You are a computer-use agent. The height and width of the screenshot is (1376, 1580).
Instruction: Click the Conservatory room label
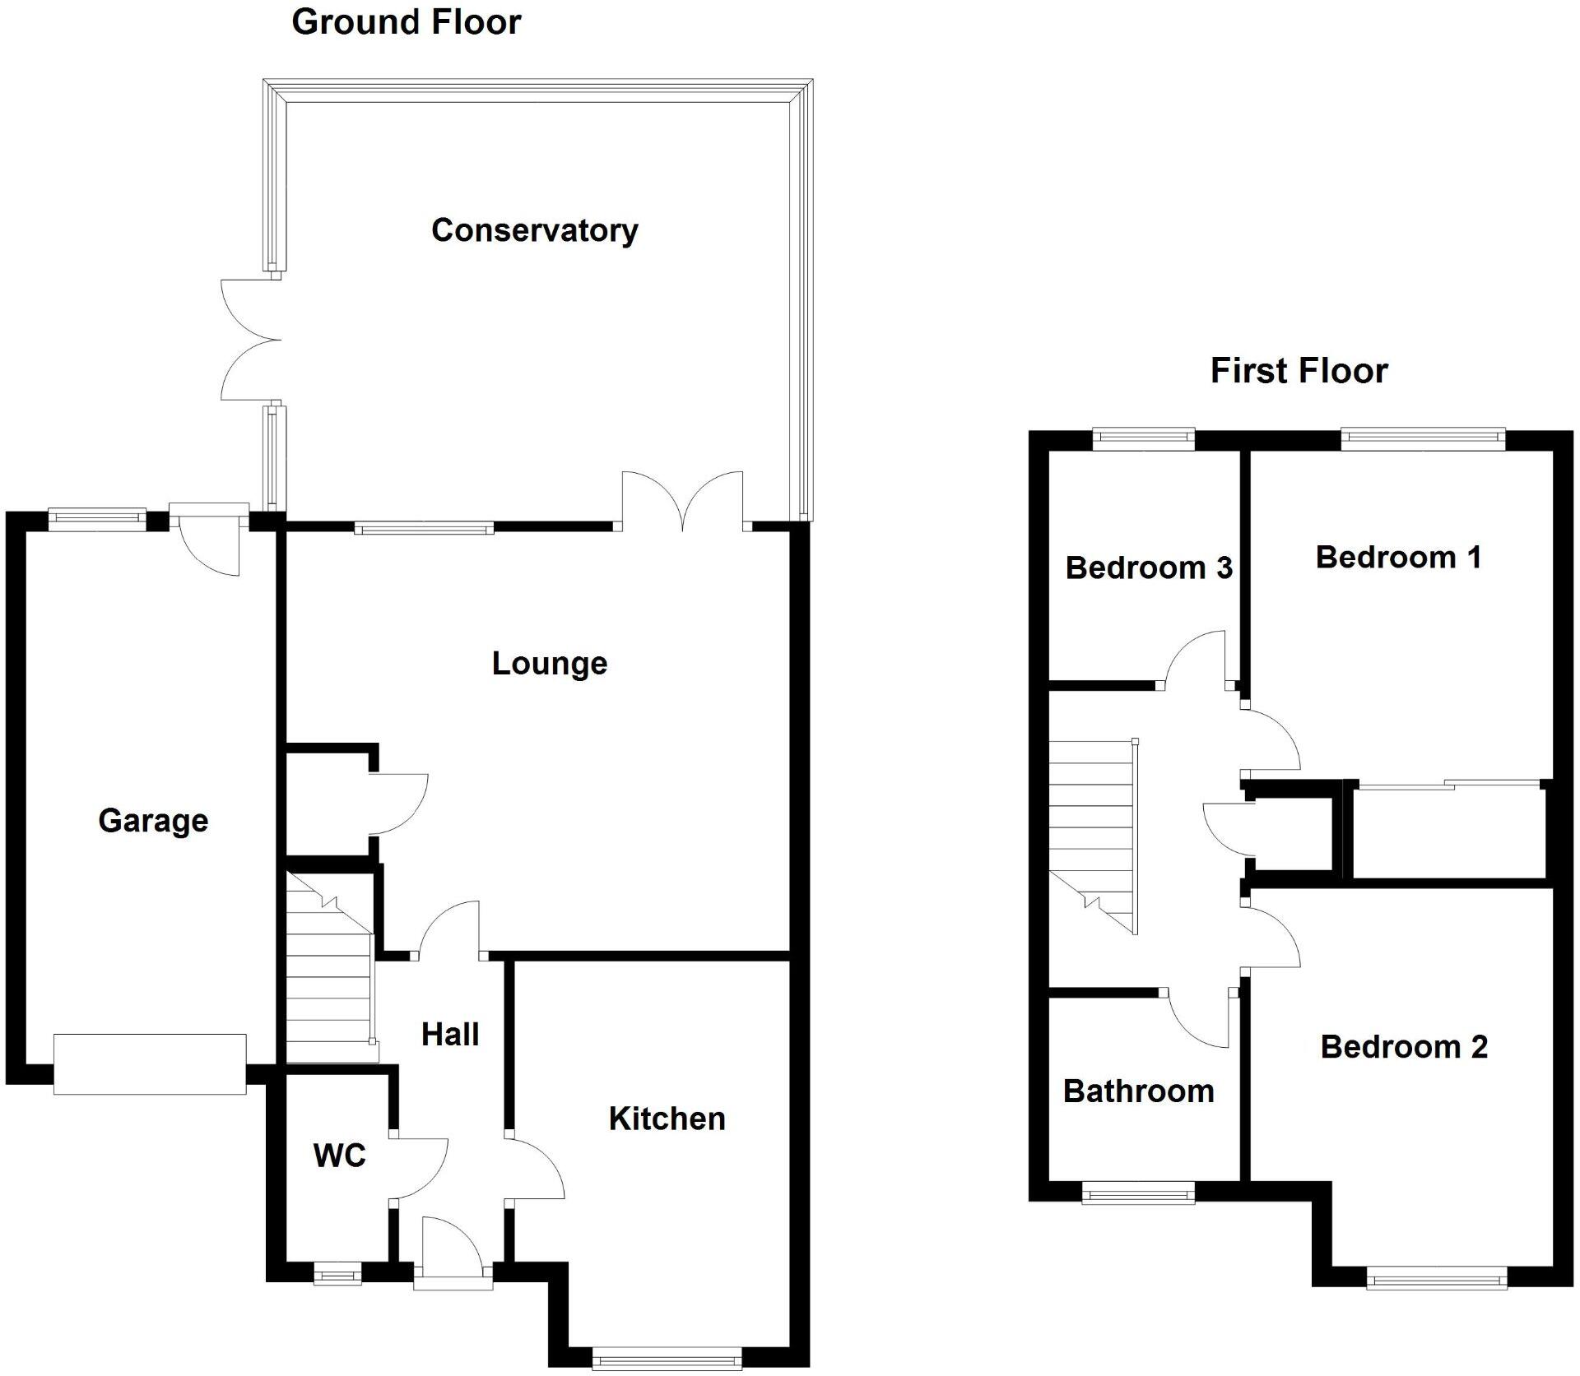pyautogui.click(x=534, y=230)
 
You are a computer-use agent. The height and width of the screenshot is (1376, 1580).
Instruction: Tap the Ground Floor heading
pyautogui.click(x=406, y=22)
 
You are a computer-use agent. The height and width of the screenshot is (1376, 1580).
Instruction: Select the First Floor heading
pyautogui.click(x=1299, y=371)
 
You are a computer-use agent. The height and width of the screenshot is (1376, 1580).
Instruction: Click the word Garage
pyautogui.click(x=153, y=820)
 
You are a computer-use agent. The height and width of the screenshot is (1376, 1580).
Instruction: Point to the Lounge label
pyautogui.click(x=549, y=663)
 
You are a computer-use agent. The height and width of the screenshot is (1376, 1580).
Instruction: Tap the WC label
pyautogui.click(x=339, y=1156)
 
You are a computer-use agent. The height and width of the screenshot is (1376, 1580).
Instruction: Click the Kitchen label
pyautogui.click(x=667, y=1119)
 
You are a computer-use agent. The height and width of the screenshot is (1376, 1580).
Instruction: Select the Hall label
pyautogui.click(x=449, y=1034)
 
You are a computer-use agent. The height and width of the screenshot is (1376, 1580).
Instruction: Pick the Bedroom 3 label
pyautogui.click(x=1149, y=568)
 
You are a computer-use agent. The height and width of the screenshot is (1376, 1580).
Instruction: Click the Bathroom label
pyautogui.click(x=1138, y=1091)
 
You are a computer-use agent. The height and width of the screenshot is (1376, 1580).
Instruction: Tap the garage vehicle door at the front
pyautogui.click(x=150, y=1063)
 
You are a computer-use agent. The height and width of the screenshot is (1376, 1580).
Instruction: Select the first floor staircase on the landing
pyautogui.click(x=1093, y=831)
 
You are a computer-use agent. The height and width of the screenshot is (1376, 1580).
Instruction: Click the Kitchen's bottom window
pyautogui.click(x=666, y=1358)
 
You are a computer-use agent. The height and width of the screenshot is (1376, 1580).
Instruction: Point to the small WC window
pyautogui.click(x=337, y=1276)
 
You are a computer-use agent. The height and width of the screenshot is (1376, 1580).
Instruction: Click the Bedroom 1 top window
pyautogui.click(x=1423, y=439)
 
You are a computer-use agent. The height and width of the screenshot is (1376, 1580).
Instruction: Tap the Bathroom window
pyautogui.click(x=1137, y=1193)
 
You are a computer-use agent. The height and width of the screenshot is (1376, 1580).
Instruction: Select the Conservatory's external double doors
pyautogui.click(x=251, y=340)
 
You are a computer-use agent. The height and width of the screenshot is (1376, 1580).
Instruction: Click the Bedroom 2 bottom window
pyautogui.click(x=1436, y=1277)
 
